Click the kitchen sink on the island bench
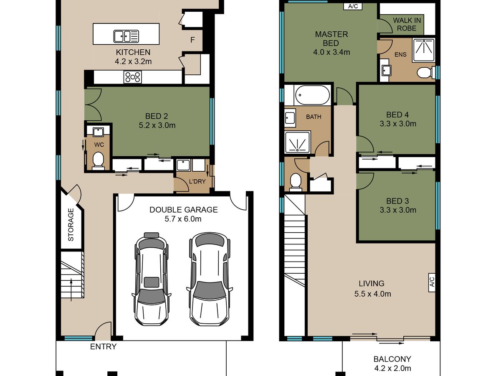pos(126,36)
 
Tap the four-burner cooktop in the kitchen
pos(133,77)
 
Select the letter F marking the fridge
pos(192,40)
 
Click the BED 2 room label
pos(157,116)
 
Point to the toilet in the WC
pos(99,161)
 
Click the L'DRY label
pos(197,181)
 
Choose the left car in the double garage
pos(151,279)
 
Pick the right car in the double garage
pos(209,279)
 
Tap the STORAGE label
pos(71,225)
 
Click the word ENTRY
pos(103,347)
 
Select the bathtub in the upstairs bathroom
pos(312,95)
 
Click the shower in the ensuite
pos(423,50)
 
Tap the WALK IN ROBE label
pos(407,24)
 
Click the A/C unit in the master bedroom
pos(353,6)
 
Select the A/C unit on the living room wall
pos(432,282)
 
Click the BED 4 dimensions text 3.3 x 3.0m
pos(398,124)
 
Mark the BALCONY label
pos(392,359)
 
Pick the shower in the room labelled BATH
pos(298,142)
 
